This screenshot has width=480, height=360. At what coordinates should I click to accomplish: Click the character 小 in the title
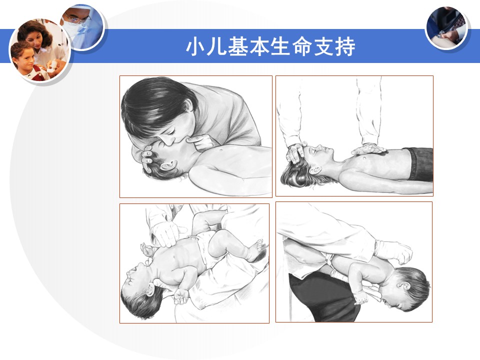[195, 46]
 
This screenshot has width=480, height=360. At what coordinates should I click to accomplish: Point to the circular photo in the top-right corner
[446, 28]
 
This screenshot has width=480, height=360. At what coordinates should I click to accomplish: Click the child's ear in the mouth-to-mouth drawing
[168, 166]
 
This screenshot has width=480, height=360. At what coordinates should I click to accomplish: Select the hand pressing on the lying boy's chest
[368, 149]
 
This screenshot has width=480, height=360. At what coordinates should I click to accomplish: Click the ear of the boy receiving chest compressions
[315, 169]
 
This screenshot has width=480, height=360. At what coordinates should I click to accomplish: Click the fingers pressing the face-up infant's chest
[165, 234]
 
